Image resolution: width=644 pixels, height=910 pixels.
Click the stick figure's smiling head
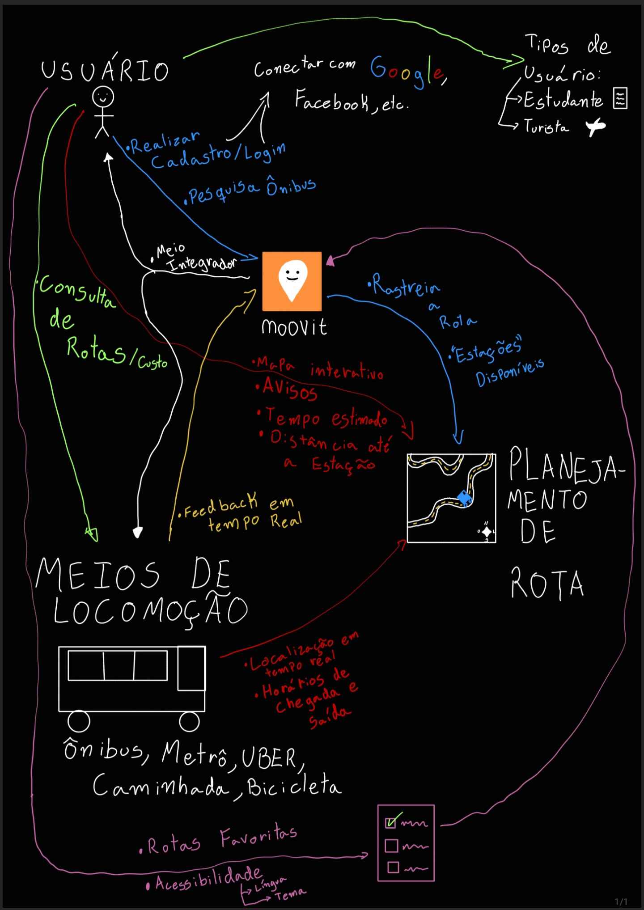point(103,97)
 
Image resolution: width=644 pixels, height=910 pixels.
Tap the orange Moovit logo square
point(292,281)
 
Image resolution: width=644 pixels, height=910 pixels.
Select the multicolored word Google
point(407,72)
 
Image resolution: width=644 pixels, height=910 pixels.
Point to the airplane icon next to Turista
point(596,127)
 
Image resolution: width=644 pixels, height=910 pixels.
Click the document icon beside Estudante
point(620,98)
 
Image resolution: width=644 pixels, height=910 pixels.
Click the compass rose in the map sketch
point(487,532)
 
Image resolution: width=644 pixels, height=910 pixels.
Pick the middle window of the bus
point(119,665)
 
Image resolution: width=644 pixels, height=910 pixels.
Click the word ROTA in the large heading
point(547,583)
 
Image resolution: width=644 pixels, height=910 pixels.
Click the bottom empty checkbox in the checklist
point(393,867)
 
